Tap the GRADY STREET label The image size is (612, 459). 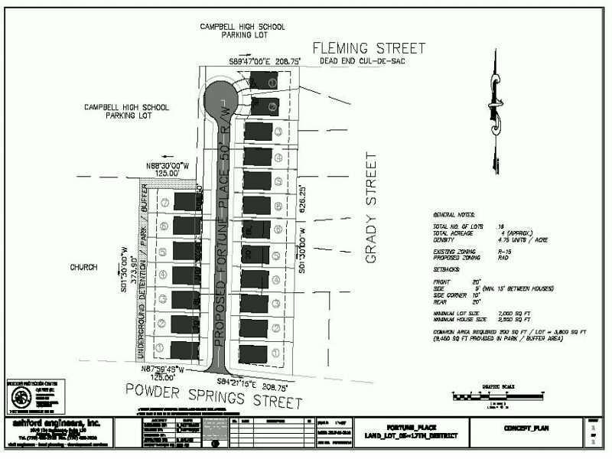(372, 208)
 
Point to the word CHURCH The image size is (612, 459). (84, 268)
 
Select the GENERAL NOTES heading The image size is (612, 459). (453, 216)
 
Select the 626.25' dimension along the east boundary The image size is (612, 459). (304, 199)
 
